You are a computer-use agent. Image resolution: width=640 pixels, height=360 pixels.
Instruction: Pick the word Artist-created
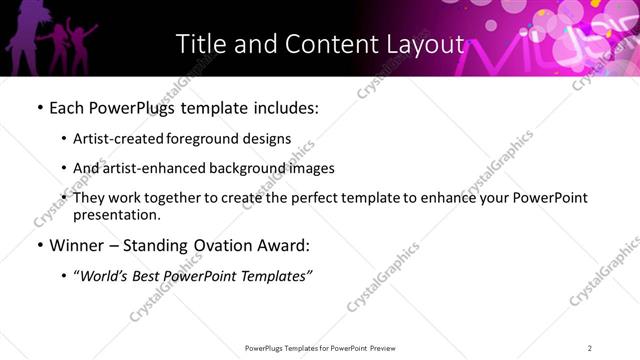click(x=115, y=139)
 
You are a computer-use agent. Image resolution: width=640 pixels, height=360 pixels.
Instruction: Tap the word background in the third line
click(x=240, y=168)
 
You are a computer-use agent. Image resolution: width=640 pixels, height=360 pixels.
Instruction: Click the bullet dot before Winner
click(x=39, y=244)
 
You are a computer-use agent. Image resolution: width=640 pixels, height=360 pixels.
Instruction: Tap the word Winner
click(x=75, y=244)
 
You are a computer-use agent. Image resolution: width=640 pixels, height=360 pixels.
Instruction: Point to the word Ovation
click(x=227, y=244)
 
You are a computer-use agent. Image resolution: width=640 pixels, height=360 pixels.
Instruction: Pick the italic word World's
click(x=104, y=275)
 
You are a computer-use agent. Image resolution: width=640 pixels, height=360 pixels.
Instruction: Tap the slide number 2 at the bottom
click(x=590, y=348)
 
